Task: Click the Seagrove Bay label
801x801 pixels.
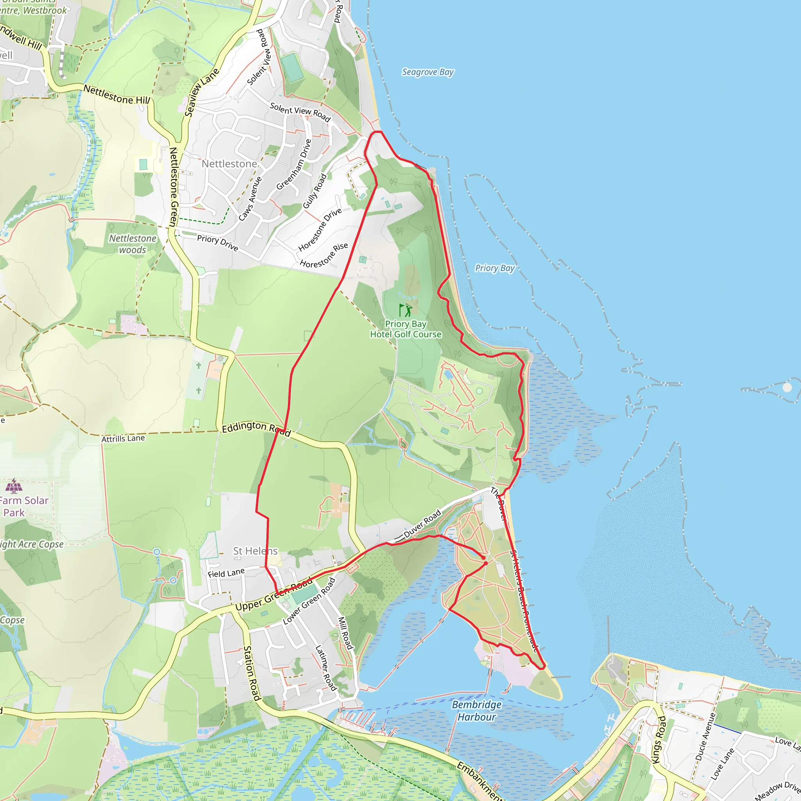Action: [x=428, y=72]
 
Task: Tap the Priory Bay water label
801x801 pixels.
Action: [x=494, y=268]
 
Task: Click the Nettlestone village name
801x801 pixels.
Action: [x=229, y=164]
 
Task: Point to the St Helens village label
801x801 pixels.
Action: [x=255, y=551]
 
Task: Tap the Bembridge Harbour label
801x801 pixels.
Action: [x=476, y=711]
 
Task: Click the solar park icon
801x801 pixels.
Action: [x=14, y=485]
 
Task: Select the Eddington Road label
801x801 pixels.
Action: [x=256, y=428]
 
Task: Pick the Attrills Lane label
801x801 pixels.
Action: [x=123, y=438]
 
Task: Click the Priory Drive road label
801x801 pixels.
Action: [x=217, y=243]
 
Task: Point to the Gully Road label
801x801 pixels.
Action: [x=315, y=191]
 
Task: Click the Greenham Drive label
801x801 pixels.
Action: [x=294, y=165]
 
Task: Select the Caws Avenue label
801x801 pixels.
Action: [x=250, y=199]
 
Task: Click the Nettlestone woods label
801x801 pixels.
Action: [x=133, y=244]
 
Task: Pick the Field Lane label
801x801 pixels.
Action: [x=226, y=573]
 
